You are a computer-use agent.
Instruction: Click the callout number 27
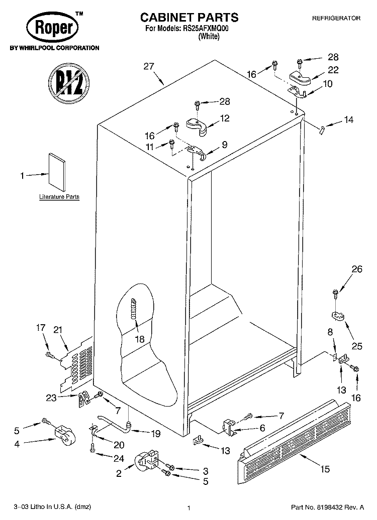[149, 66]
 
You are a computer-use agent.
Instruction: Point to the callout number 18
[140, 339]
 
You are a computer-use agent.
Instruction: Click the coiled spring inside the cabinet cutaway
[134, 309]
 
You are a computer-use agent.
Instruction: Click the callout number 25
[357, 346]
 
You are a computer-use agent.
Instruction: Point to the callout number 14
[348, 119]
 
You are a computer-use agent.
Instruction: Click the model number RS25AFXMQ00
[206, 29]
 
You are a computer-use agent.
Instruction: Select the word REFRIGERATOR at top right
[336, 18]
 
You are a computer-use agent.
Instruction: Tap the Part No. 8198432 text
[328, 507]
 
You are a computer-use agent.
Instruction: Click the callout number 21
[58, 330]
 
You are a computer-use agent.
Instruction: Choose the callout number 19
[155, 433]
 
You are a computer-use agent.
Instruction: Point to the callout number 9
[225, 145]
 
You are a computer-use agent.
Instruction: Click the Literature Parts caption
[59, 197]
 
